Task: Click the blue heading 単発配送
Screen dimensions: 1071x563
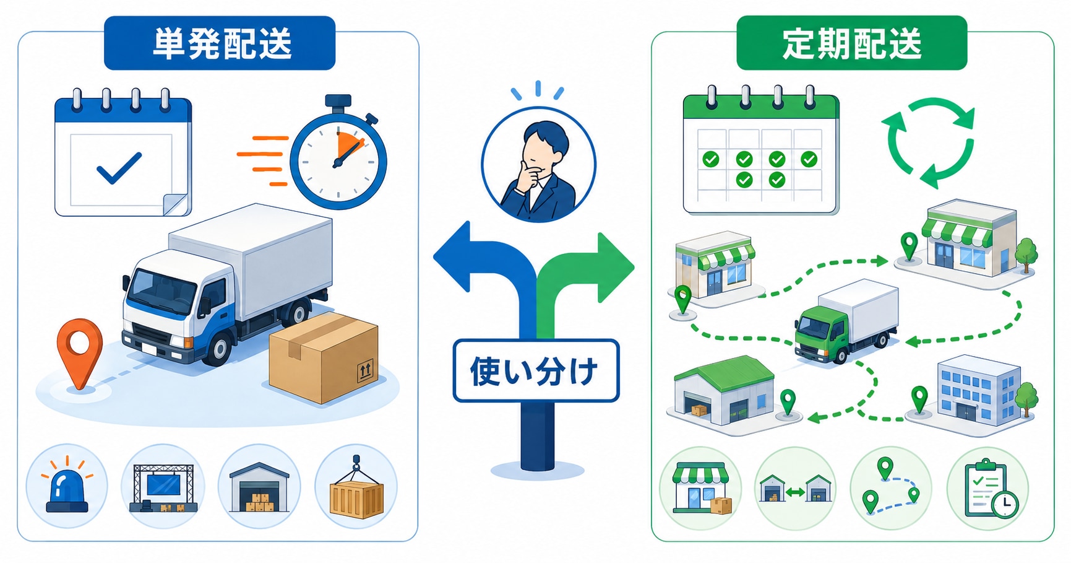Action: pos(222,44)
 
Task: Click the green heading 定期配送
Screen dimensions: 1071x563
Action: pos(852,44)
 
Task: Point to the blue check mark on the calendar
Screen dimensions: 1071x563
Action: pos(119,168)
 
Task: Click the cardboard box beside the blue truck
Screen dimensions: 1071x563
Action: pos(323,358)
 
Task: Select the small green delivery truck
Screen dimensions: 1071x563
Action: pos(846,321)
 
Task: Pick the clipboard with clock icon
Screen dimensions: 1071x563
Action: pos(991,489)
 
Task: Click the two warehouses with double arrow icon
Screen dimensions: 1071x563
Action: pos(795,489)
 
